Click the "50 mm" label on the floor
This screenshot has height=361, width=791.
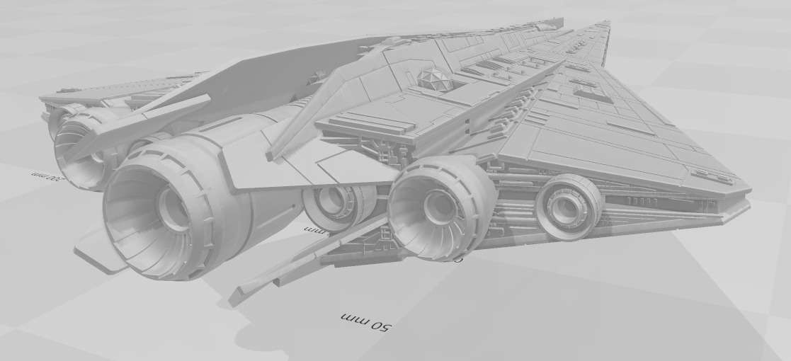click(366, 322)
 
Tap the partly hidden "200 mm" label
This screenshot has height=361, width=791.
click(48, 176)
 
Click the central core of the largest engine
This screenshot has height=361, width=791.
click(172, 210)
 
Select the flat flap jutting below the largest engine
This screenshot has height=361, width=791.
click(99, 251)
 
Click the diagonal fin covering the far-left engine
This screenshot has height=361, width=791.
click(131, 127)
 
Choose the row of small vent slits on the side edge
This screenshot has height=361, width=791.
click(641, 201)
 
